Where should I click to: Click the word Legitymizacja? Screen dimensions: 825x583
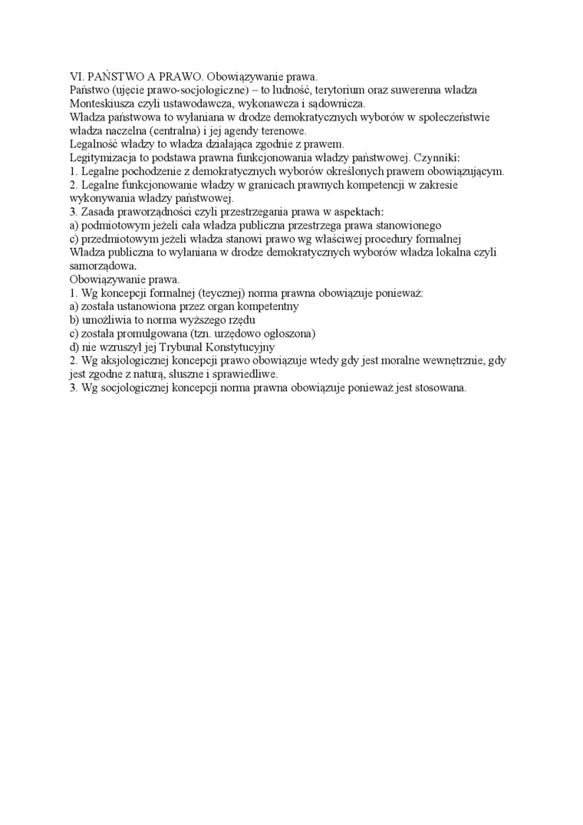103,158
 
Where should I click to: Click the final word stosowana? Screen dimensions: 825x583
439,388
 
